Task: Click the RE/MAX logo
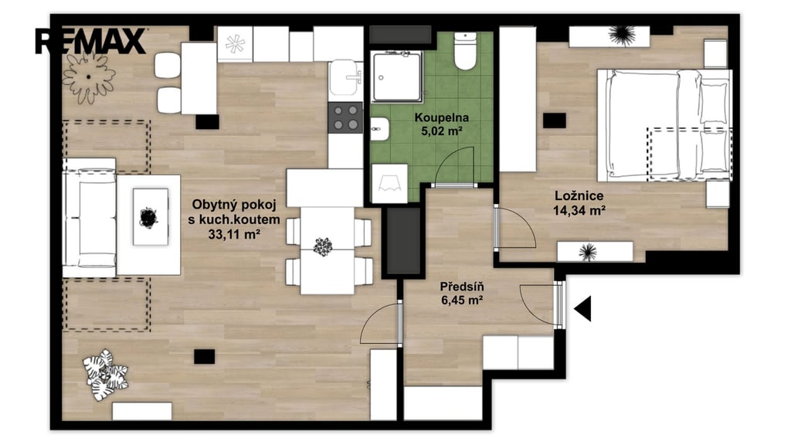[x=91, y=42]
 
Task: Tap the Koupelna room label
[x=441, y=117]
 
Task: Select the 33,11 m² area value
[x=234, y=234]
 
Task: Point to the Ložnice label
[x=579, y=195]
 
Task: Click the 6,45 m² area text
[x=462, y=301]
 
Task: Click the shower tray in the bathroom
[x=396, y=76]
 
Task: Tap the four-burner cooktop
[x=345, y=117]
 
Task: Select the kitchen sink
[x=345, y=79]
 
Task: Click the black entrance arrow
[x=582, y=308]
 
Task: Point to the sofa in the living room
[x=90, y=218]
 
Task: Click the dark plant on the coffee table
[x=149, y=217]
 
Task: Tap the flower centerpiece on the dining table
[x=322, y=246]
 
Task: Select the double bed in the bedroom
[x=664, y=125]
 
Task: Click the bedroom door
[x=514, y=228]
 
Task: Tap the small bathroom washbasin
[x=380, y=129]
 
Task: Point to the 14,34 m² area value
[x=579, y=210]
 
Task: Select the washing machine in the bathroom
[x=389, y=184]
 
